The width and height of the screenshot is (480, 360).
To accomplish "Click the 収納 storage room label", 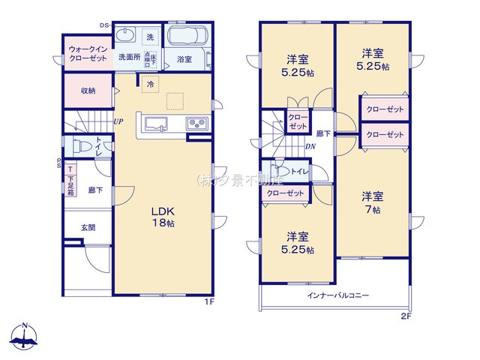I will [x=88, y=91].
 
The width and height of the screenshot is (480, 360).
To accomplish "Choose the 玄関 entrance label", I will [x=88, y=226].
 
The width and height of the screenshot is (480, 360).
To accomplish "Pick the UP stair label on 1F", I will [x=118, y=121].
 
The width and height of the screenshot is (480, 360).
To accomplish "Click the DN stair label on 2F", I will [x=310, y=146].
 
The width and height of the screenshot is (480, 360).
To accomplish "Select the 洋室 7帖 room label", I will [x=373, y=203].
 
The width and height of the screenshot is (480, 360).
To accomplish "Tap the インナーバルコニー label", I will [x=337, y=295].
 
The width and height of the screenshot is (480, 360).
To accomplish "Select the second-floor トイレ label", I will [x=298, y=172].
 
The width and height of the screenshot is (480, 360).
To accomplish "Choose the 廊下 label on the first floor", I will [x=95, y=190].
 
